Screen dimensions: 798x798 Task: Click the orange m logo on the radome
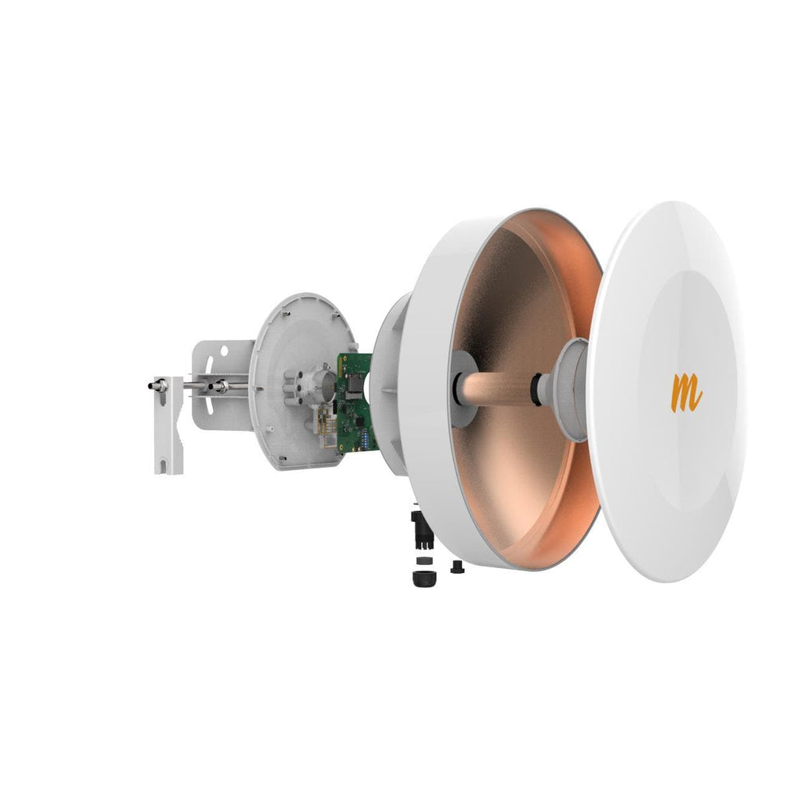point(686,393)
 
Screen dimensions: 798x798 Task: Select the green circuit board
point(356,403)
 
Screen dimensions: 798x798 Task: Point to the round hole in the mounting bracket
point(223,350)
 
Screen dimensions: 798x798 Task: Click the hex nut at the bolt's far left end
point(160,385)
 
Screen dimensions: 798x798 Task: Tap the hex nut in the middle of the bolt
point(219,386)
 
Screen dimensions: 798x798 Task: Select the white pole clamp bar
point(168,425)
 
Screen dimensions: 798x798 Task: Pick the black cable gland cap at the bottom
point(424,578)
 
